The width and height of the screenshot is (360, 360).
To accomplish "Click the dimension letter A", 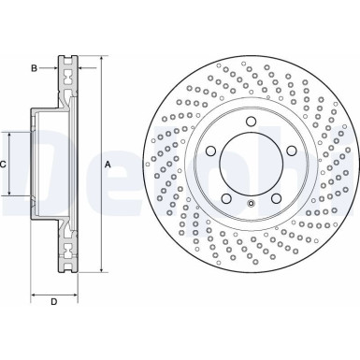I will [x=108, y=165].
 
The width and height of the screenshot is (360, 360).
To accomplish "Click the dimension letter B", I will [x=33, y=68].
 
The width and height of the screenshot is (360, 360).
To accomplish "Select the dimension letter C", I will [x=4, y=165].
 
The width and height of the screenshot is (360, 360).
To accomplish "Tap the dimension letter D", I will [x=53, y=300].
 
